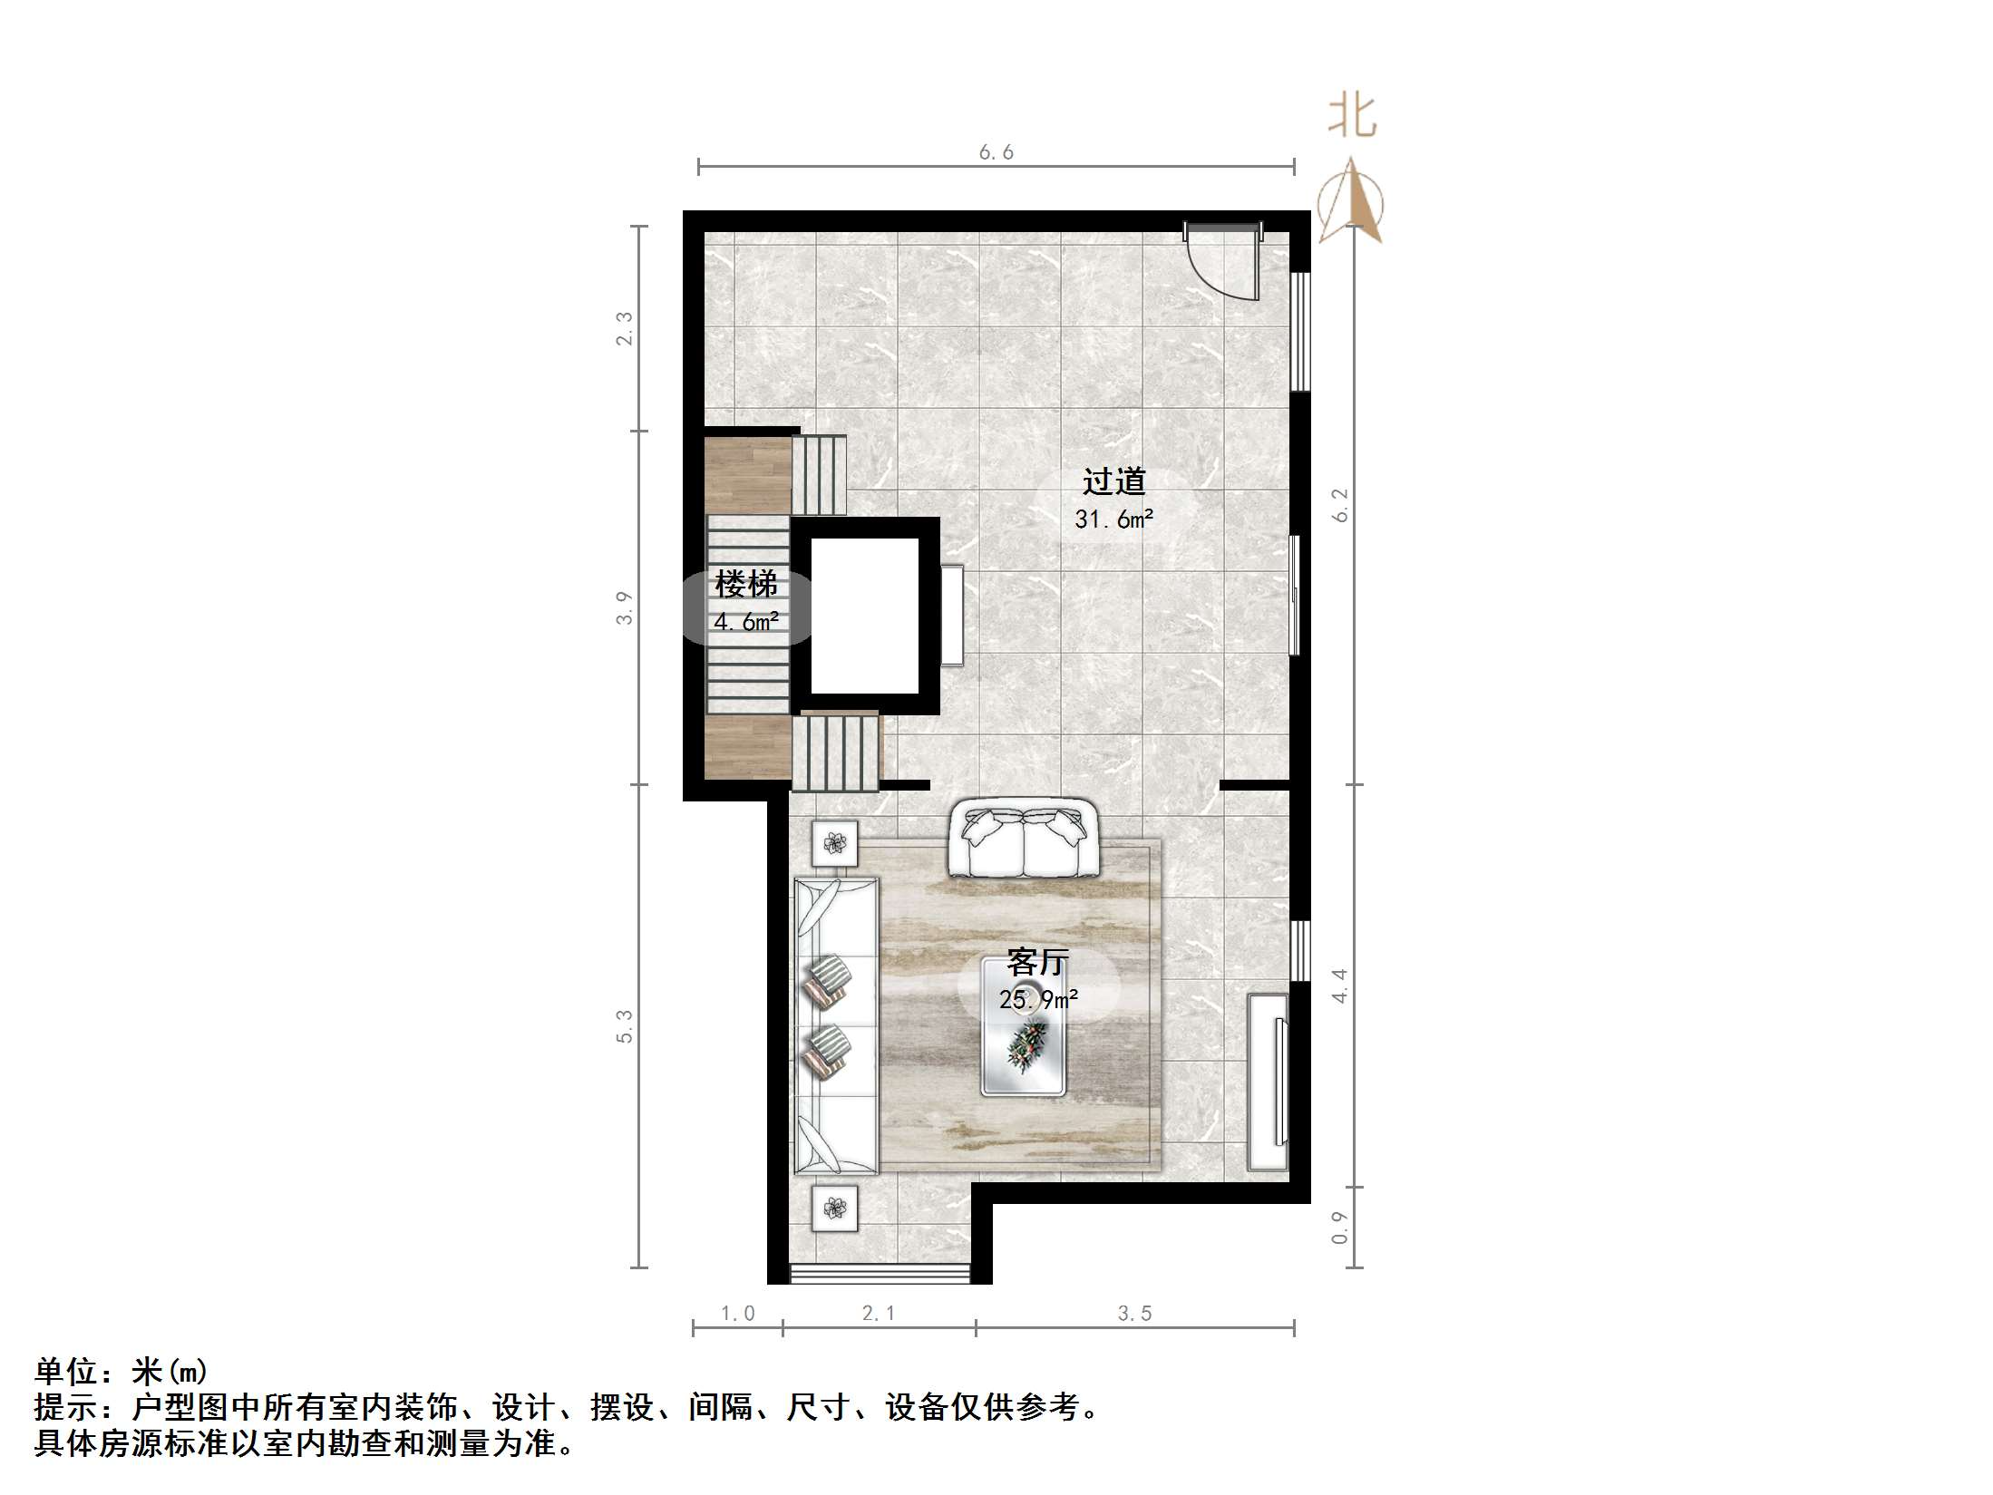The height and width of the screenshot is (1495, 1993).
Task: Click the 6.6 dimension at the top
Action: [996, 152]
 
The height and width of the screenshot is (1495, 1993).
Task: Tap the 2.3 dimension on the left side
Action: [625, 328]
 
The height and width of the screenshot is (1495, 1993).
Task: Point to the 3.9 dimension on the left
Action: [625, 607]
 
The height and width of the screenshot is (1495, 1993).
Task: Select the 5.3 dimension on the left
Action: [625, 1026]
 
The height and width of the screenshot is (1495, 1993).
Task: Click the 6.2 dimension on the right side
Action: [1340, 505]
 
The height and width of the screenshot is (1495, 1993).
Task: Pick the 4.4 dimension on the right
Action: [1340, 985]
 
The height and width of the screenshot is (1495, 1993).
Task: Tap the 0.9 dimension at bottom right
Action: [1340, 1228]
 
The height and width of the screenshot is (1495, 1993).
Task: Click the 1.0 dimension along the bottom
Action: [737, 1314]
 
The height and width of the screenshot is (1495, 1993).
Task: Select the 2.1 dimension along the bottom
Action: [879, 1314]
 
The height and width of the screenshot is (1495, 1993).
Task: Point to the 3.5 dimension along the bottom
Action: [1134, 1314]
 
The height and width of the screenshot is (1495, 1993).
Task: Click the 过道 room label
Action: [1113, 481]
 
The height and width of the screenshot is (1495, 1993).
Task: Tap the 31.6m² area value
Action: [1113, 519]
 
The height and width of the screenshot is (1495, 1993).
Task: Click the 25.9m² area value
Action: [1038, 999]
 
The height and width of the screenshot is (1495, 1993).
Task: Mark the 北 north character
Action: [1352, 117]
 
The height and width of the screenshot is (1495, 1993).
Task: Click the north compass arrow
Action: [1351, 201]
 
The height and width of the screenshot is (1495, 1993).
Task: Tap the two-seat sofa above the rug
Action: [1023, 838]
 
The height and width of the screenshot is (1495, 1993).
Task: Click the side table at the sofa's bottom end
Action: [834, 1208]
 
